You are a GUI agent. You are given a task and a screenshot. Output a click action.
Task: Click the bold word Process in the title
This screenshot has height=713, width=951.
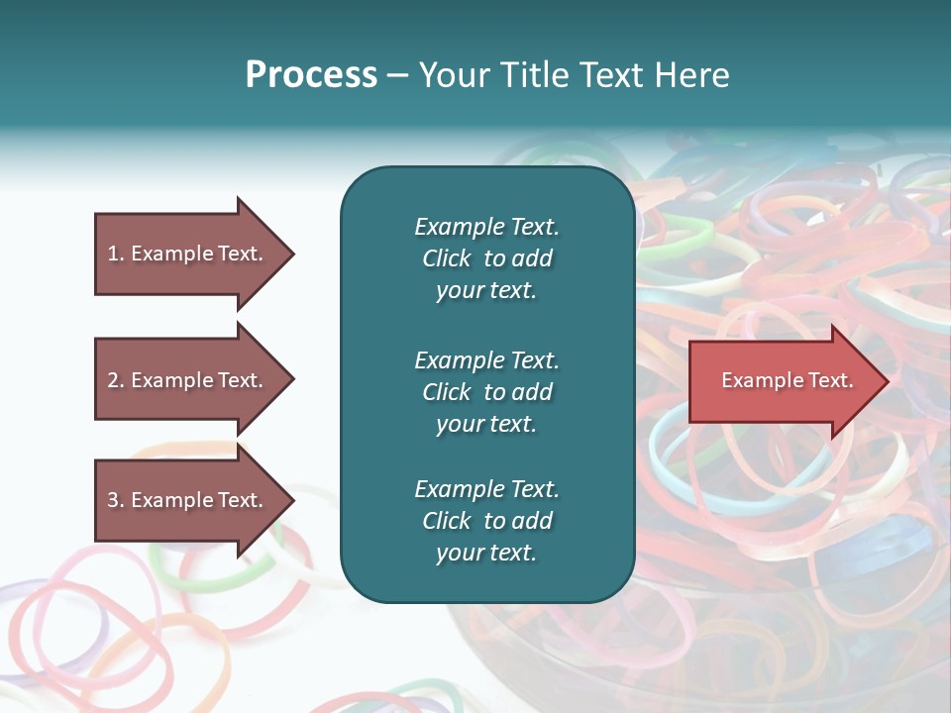point(311,75)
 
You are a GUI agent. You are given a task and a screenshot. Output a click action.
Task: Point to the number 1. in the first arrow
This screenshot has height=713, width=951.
point(116,254)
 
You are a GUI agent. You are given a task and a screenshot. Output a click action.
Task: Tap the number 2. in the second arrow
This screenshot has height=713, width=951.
point(116,380)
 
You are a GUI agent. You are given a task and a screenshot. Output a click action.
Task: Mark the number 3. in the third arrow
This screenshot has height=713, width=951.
point(116,500)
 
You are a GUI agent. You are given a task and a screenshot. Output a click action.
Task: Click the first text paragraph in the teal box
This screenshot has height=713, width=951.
point(486,258)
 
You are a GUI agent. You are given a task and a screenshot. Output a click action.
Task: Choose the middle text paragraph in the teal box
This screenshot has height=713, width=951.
point(486,391)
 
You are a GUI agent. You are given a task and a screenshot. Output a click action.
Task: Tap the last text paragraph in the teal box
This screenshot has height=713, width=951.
point(486,521)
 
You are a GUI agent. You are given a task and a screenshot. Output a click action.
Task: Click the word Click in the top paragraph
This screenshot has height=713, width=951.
point(446,258)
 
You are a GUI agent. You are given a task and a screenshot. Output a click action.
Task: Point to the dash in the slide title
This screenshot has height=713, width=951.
point(397,75)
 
